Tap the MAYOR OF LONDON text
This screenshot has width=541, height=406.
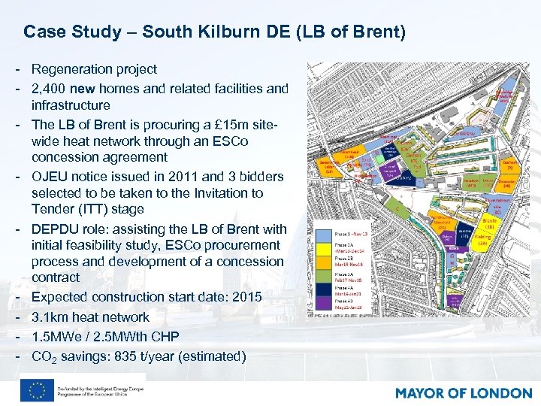click(463, 393)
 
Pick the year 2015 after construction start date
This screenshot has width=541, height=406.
click(246, 297)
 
